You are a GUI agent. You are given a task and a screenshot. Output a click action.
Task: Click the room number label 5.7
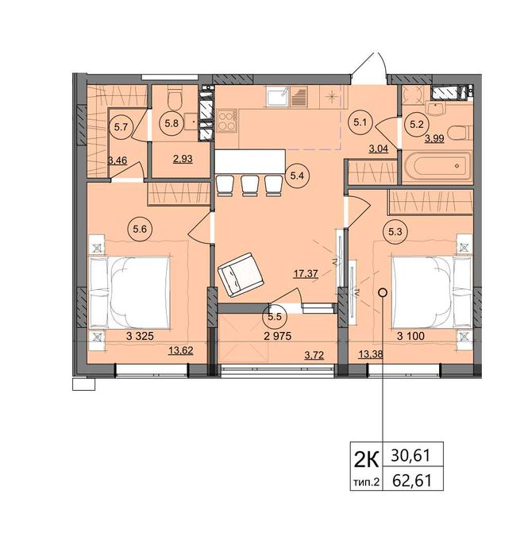[121, 127]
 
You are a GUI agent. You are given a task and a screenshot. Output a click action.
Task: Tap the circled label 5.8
[172, 124]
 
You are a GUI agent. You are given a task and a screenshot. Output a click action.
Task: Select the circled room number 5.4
[297, 176]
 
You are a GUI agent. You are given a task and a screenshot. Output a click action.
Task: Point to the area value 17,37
[306, 274]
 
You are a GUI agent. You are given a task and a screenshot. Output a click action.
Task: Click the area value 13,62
[181, 351]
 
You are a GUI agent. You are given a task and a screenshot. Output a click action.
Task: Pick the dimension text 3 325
[140, 336]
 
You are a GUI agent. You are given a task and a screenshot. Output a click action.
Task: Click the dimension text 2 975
[278, 336]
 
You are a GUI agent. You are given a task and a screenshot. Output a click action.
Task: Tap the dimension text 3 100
[410, 336]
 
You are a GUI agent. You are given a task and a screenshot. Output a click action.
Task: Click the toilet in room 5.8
[175, 98]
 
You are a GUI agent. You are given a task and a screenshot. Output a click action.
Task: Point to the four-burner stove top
[227, 121]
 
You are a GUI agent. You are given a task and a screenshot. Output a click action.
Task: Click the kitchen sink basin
[278, 97]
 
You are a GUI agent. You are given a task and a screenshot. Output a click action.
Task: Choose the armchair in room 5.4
[241, 275]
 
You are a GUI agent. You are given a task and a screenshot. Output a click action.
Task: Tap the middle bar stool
[250, 186]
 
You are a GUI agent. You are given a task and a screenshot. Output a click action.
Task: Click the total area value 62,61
[412, 480]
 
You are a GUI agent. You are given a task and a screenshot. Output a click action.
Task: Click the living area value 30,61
[410, 455]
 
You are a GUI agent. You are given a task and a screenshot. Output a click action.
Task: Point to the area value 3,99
[434, 138]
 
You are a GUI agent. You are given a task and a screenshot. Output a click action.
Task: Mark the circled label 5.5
[275, 316]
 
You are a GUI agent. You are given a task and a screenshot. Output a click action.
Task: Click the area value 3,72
[314, 355]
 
